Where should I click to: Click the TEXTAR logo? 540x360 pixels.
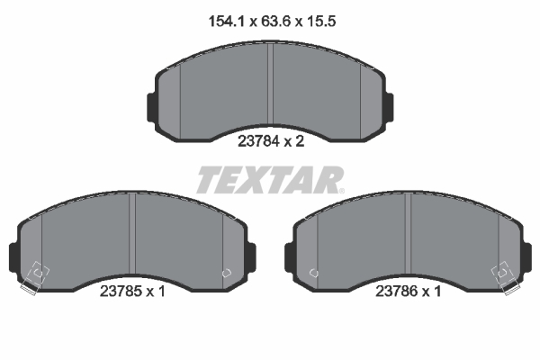pyautogui.click(x=269, y=180)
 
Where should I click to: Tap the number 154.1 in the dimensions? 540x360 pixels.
pyautogui.click(x=226, y=22)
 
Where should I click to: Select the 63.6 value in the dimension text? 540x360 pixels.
pyautogui.click(x=276, y=22)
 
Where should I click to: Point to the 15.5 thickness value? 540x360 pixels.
pyautogui.click(x=321, y=22)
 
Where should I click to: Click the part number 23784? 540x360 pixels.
pyautogui.click(x=258, y=141)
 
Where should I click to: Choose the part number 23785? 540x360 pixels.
pyautogui.click(x=121, y=292)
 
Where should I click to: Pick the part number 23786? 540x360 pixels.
pyautogui.click(x=396, y=292)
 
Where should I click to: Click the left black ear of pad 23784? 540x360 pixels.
pyautogui.click(x=151, y=107)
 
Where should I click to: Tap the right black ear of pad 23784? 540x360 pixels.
pyautogui.click(x=389, y=107)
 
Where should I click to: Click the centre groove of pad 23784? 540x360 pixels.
pyautogui.click(x=270, y=85)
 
